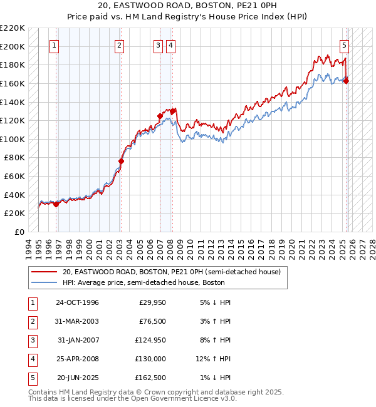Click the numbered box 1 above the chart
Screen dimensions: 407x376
pos(55,45)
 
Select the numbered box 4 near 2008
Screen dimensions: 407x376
pos(170,45)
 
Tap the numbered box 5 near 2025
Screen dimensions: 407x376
pos(344,45)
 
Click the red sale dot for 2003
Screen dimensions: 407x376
pos(121,161)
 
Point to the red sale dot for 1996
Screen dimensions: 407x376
pos(56,203)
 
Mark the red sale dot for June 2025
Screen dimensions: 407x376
pos(347,81)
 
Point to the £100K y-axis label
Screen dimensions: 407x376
pos(13,139)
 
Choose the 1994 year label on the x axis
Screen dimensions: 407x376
pos(29,246)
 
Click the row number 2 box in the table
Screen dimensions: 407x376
pos(31,321)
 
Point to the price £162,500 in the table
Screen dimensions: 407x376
pos(150,378)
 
